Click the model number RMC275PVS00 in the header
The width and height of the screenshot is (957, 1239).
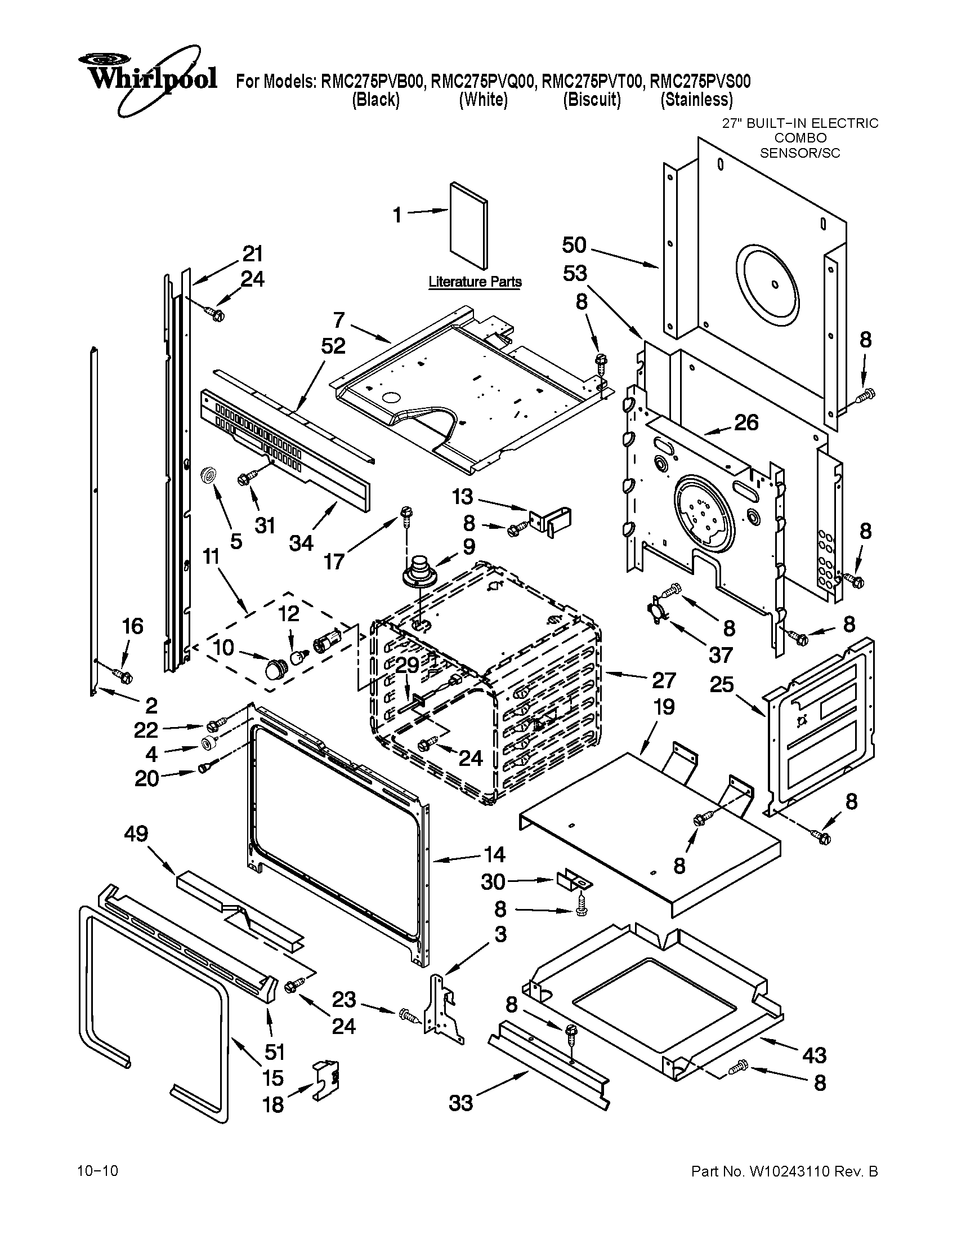(x=700, y=82)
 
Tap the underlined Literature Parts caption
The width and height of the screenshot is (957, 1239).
(x=475, y=282)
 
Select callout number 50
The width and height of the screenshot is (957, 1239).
(x=574, y=246)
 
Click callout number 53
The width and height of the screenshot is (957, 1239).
(x=574, y=274)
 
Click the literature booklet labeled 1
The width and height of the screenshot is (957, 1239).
(x=468, y=225)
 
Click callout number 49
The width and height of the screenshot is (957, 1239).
(x=136, y=834)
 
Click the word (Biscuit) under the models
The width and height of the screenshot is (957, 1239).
(x=591, y=100)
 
